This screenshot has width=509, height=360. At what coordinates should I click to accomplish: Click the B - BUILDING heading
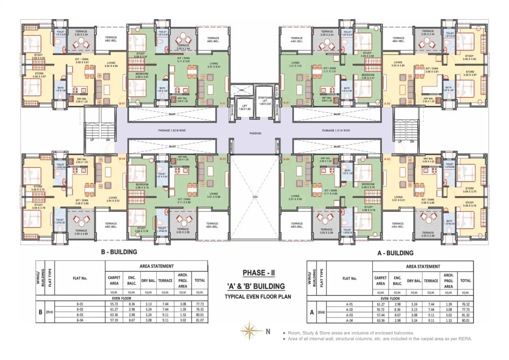coord(119,252)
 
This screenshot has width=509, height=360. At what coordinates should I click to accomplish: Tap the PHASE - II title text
coord(259,273)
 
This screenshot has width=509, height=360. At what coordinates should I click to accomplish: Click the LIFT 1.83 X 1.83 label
coord(245,107)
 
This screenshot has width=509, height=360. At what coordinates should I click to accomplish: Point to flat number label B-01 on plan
coord(122,104)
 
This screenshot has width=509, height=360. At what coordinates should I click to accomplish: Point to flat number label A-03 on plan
coord(387,159)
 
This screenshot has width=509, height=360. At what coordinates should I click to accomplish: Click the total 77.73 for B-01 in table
coord(200,304)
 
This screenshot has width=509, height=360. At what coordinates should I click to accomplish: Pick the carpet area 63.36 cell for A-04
coord(380,321)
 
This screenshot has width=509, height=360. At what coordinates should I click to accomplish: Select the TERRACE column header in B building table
coord(165,281)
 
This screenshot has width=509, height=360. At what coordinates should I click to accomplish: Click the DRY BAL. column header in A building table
coord(414,281)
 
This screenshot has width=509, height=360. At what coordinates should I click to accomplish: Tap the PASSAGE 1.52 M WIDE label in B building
coord(172,130)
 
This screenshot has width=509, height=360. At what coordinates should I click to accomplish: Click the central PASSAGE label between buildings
coord(255,133)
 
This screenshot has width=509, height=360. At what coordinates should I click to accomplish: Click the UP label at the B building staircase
coord(92,140)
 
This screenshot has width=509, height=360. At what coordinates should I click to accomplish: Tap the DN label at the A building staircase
coord(412,141)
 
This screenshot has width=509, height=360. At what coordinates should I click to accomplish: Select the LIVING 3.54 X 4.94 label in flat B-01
coord(111,64)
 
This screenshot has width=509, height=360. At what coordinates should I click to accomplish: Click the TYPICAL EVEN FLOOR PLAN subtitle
coord(258,297)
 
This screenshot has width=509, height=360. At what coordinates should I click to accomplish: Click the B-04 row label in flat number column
coord(80,320)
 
